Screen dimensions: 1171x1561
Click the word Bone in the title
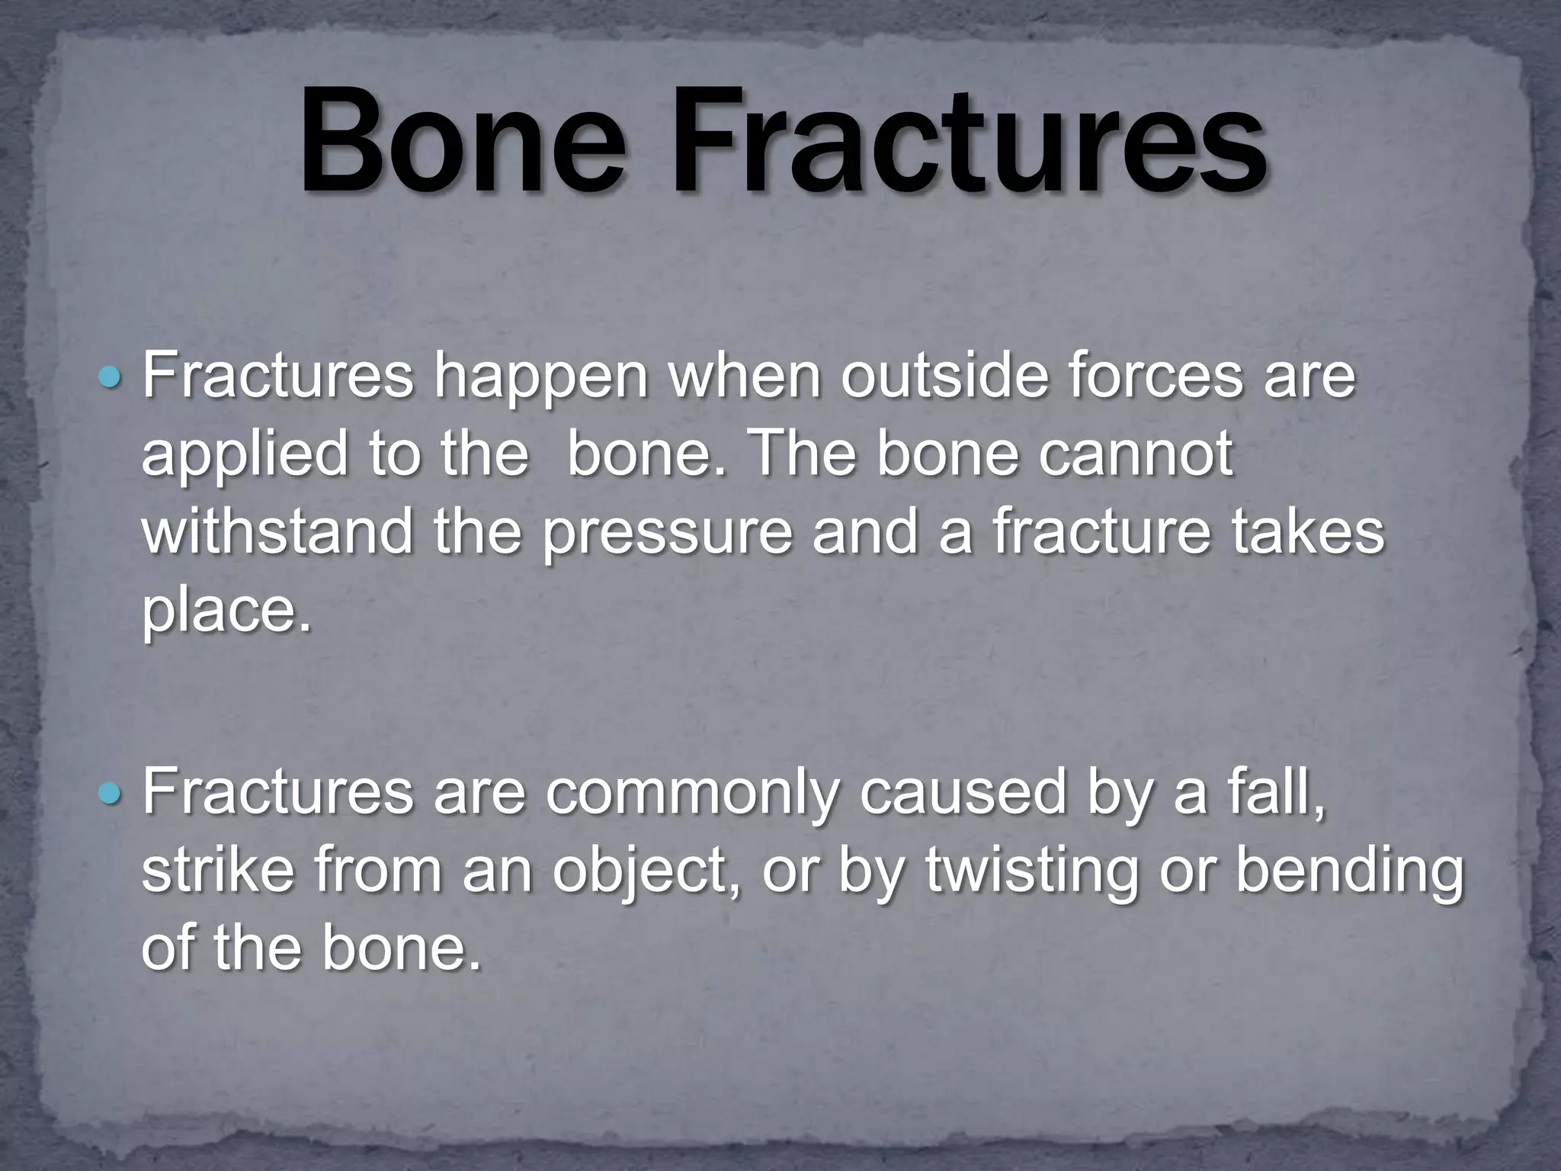(x=463, y=145)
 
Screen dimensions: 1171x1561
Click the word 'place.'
(x=227, y=613)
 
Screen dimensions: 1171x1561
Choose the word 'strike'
(x=217, y=871)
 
